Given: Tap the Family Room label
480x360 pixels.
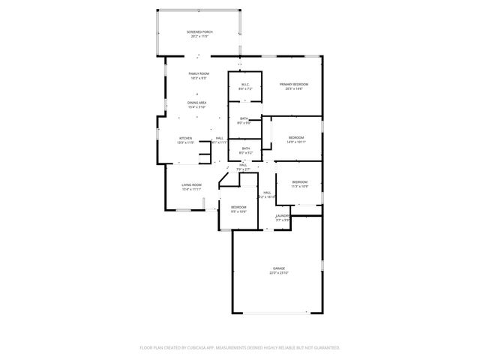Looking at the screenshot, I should tap(198, 73).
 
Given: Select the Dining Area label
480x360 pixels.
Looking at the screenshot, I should tap(196, 103).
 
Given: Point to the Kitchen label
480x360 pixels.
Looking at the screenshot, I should tap(185, 138).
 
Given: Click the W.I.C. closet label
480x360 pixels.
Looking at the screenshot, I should tap(244, 84).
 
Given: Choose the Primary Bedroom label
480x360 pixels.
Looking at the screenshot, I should tap(294, 84).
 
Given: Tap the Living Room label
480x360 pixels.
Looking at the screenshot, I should tap(191, 184).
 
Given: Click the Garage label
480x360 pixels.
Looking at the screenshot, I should tap(278, 268).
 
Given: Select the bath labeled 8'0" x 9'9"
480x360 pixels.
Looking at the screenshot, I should tap(244, 118).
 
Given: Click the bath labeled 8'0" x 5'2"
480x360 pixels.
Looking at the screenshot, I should tap(245, 148).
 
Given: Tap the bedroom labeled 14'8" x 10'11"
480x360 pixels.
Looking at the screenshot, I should tap(296, 137).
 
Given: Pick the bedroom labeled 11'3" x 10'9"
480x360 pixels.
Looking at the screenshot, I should tap(299, 182).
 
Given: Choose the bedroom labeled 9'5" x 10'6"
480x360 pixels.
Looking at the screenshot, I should tap(238, 207).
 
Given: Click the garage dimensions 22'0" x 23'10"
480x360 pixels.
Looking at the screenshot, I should tap(278, 273).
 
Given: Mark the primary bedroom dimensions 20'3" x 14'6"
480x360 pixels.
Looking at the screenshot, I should tap(294, 89).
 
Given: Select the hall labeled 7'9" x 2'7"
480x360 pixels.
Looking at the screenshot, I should tap(243, 169).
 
